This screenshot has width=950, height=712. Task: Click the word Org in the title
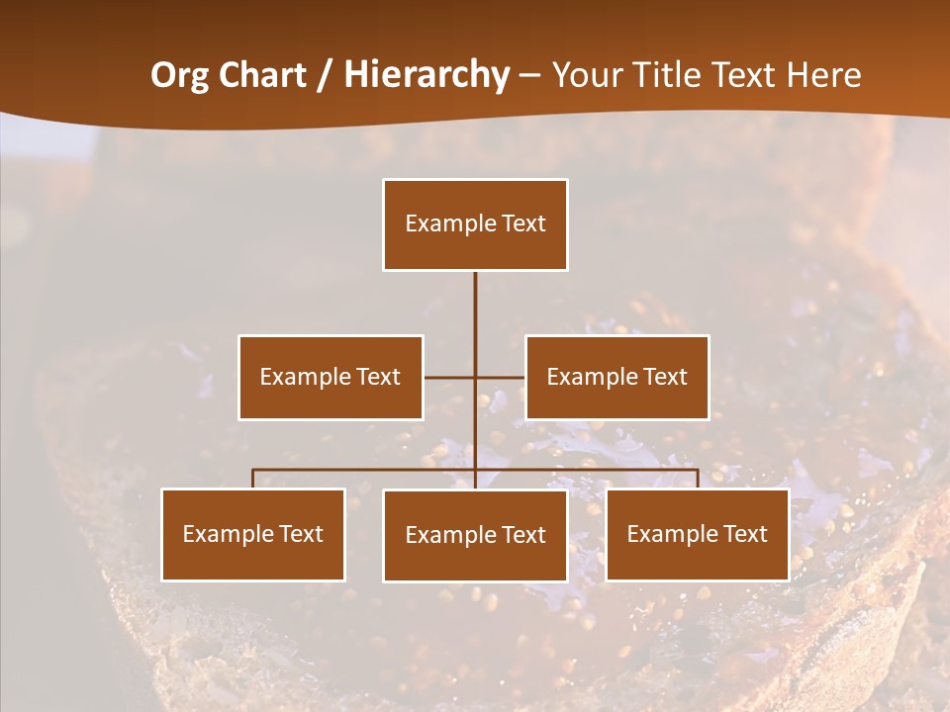click(x=180, y=75)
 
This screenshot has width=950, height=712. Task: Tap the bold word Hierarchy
click(x=427, y=75)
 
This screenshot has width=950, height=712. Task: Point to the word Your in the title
click(x=588, y=75)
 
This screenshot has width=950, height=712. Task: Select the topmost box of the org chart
click(x=475, y=224)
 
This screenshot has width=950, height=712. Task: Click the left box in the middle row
click(x=331, y=378)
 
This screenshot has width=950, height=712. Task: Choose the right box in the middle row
click(x=617, y=378)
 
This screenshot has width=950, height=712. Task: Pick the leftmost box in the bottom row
click(x=253, y=535)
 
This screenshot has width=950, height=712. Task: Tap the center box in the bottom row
click(x=475, y=536)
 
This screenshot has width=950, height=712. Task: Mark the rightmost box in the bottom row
click(x=697, y=535)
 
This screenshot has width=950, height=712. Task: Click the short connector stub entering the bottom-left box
click(x=253, y=479)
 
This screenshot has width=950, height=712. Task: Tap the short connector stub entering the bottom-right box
click(x=697, y=479)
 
